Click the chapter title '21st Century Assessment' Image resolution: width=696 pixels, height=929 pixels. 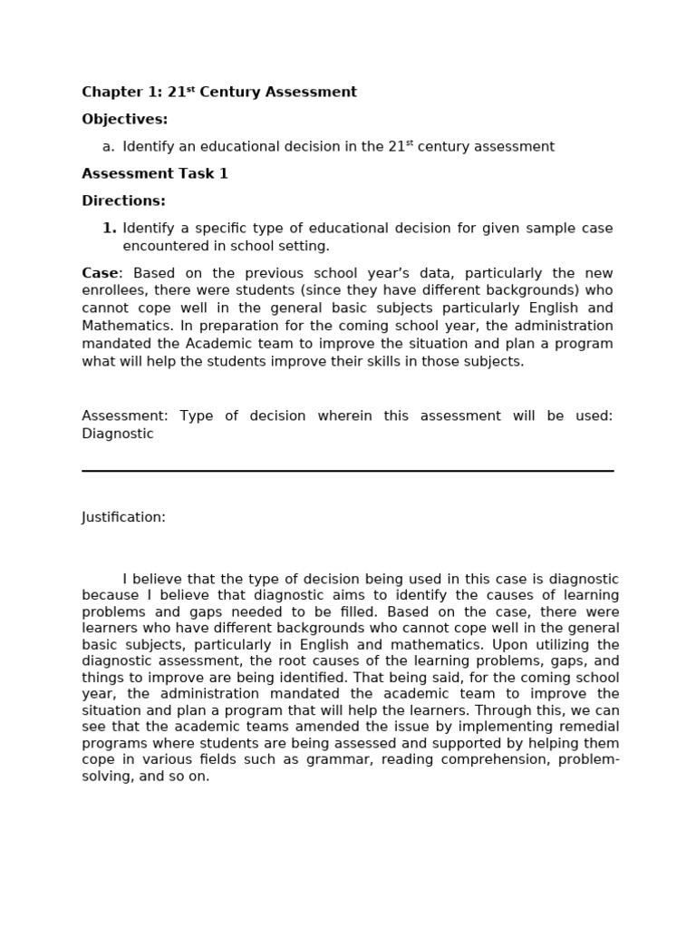tap(262, 92)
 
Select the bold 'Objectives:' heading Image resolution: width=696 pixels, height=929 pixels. tap(124, 119)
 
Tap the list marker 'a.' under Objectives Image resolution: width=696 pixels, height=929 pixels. tap(108, 147)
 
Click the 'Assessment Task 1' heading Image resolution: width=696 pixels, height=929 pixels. tap(154, 174)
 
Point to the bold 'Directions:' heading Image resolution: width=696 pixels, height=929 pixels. tap(123, 201)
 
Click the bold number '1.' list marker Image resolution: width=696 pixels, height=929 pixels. tap(109, 229)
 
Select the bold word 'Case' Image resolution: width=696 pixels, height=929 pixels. tap(100, 273)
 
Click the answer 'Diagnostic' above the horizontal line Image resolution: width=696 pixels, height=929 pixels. tap(118, 434)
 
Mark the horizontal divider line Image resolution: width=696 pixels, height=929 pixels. tap(347, 471)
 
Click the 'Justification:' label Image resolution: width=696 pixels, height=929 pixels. tap(123, 517)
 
